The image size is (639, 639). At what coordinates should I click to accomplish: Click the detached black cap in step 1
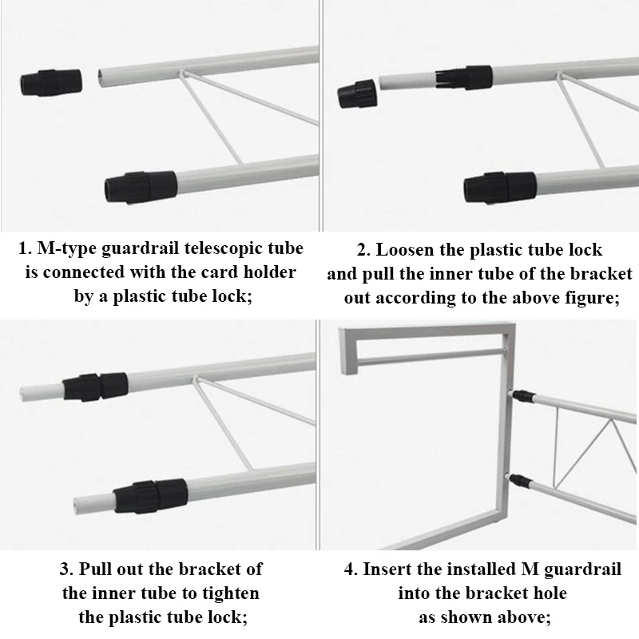coord(51,82)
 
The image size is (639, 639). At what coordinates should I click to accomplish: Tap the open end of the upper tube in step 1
coord(101,78)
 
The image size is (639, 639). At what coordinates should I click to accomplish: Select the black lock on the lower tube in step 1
coord(141,187)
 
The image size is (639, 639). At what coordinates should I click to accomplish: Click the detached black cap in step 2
coord(357,93)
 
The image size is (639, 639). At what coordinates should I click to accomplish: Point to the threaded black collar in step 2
coord(464,77)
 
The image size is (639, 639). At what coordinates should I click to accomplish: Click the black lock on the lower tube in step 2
coord(500,188)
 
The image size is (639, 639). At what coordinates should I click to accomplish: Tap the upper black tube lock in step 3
coord(95,387)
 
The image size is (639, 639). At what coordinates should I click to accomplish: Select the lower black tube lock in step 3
coord(150,495)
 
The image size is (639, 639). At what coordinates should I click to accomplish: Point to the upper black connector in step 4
coord(524,395)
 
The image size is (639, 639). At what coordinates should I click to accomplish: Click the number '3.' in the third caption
coord(67,570)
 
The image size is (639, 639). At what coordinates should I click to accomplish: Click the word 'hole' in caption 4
coord(550,593)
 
